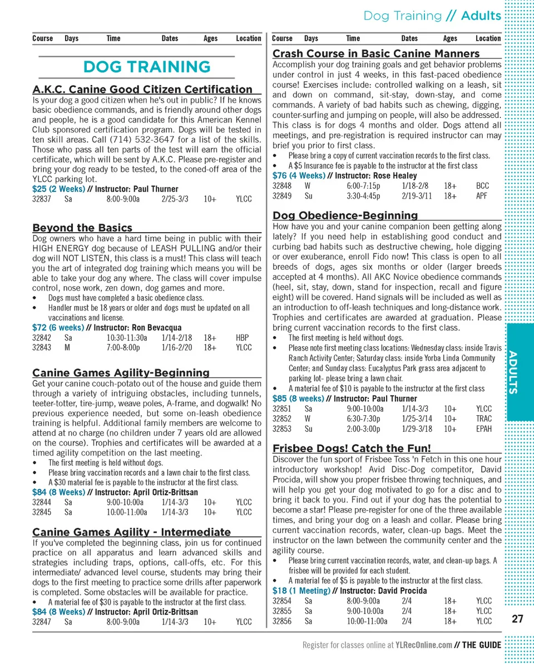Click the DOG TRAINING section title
[147, 67]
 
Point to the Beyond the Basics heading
[82, 228]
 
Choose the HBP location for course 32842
[243, 337]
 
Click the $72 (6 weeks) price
[58, 327]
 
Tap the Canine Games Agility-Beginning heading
[121, 372]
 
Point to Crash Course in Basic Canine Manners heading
[376, 53]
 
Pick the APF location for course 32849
[482, 196]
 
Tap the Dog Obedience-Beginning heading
[345, 215]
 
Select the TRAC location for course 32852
[484, 419]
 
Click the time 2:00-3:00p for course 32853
[363, 429]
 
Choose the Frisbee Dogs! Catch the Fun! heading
[352, 448]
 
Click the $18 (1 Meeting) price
[301, 591]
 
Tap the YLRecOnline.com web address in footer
[423, 645]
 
